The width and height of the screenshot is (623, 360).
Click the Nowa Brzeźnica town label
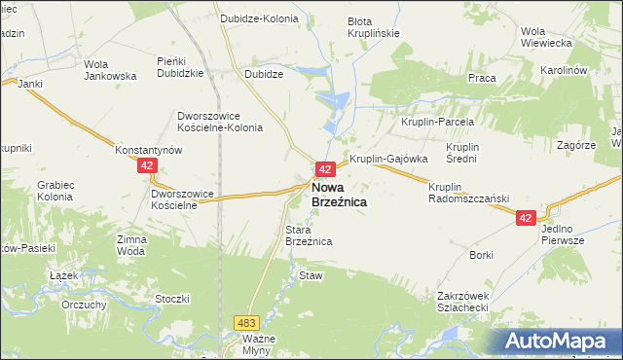point(339,194)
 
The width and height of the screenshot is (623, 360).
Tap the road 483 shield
point(245,321)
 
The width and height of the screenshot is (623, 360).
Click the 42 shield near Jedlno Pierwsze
point(527,220)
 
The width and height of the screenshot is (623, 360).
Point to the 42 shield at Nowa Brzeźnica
point(326,168)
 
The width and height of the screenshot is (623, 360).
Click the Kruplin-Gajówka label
point(389,159)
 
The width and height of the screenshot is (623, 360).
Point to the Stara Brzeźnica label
point(310,234)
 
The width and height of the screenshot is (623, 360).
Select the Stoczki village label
point(171,299)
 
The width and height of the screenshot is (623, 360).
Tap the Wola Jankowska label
point(109,69)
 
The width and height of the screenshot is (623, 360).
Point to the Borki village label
point(482,255)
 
